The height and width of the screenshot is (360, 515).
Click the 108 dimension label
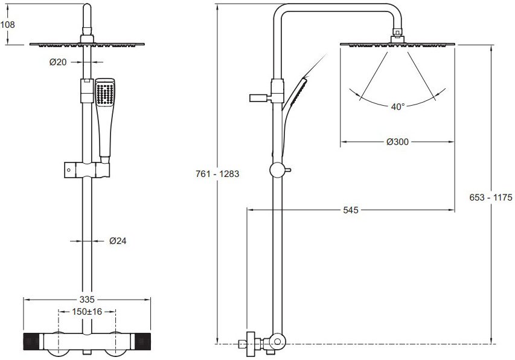click(x=8, y=25)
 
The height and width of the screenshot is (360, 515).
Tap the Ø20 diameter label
click(x=58, y=62)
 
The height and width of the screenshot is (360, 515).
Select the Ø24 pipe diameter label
click(x=118, y=240)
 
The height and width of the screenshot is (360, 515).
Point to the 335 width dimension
click(x=88, y=299)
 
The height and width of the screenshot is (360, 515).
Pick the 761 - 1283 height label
click(x=217, y=174)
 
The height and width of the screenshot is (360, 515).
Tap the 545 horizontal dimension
click(x=350, y=210)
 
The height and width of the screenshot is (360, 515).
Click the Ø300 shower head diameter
click(x=397, y=142)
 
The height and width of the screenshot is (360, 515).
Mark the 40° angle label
click(x=397, y=107)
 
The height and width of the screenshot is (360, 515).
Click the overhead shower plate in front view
click(x=88, y=43)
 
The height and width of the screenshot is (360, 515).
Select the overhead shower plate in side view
click(x=397, y=43)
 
